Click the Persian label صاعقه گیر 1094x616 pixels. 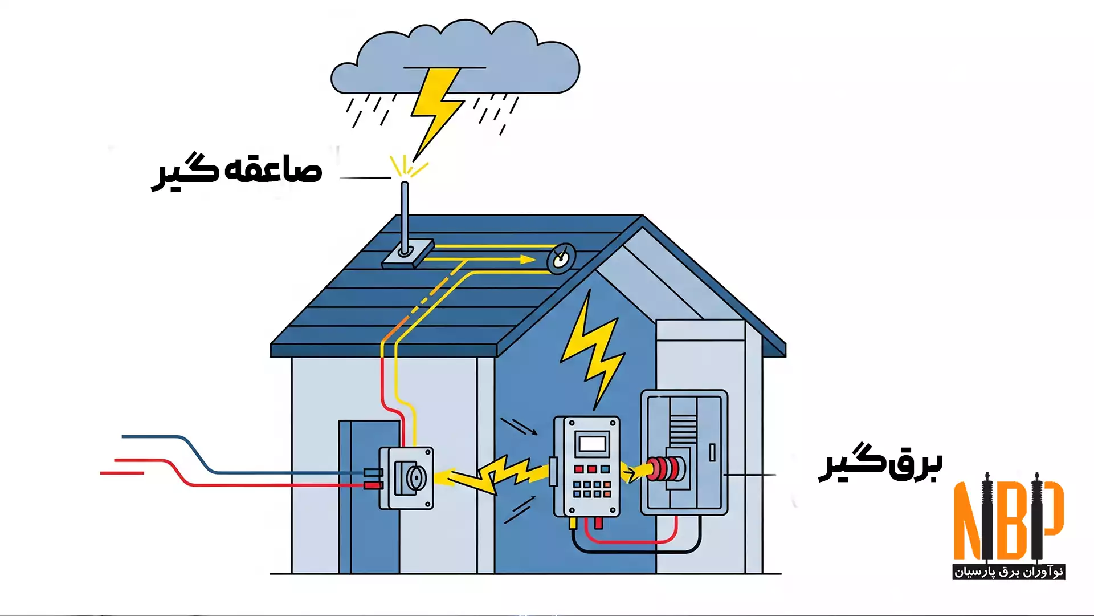point(236,171)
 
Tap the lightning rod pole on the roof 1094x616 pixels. point(405,217)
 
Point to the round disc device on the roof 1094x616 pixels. point(561,259)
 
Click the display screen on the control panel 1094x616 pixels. point(592,443)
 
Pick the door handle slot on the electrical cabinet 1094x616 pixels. point(712,452)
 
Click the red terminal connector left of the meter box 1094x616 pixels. point(373,485)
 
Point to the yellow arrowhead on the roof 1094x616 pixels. point(528,260)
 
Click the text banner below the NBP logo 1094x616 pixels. point(1009,572)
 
